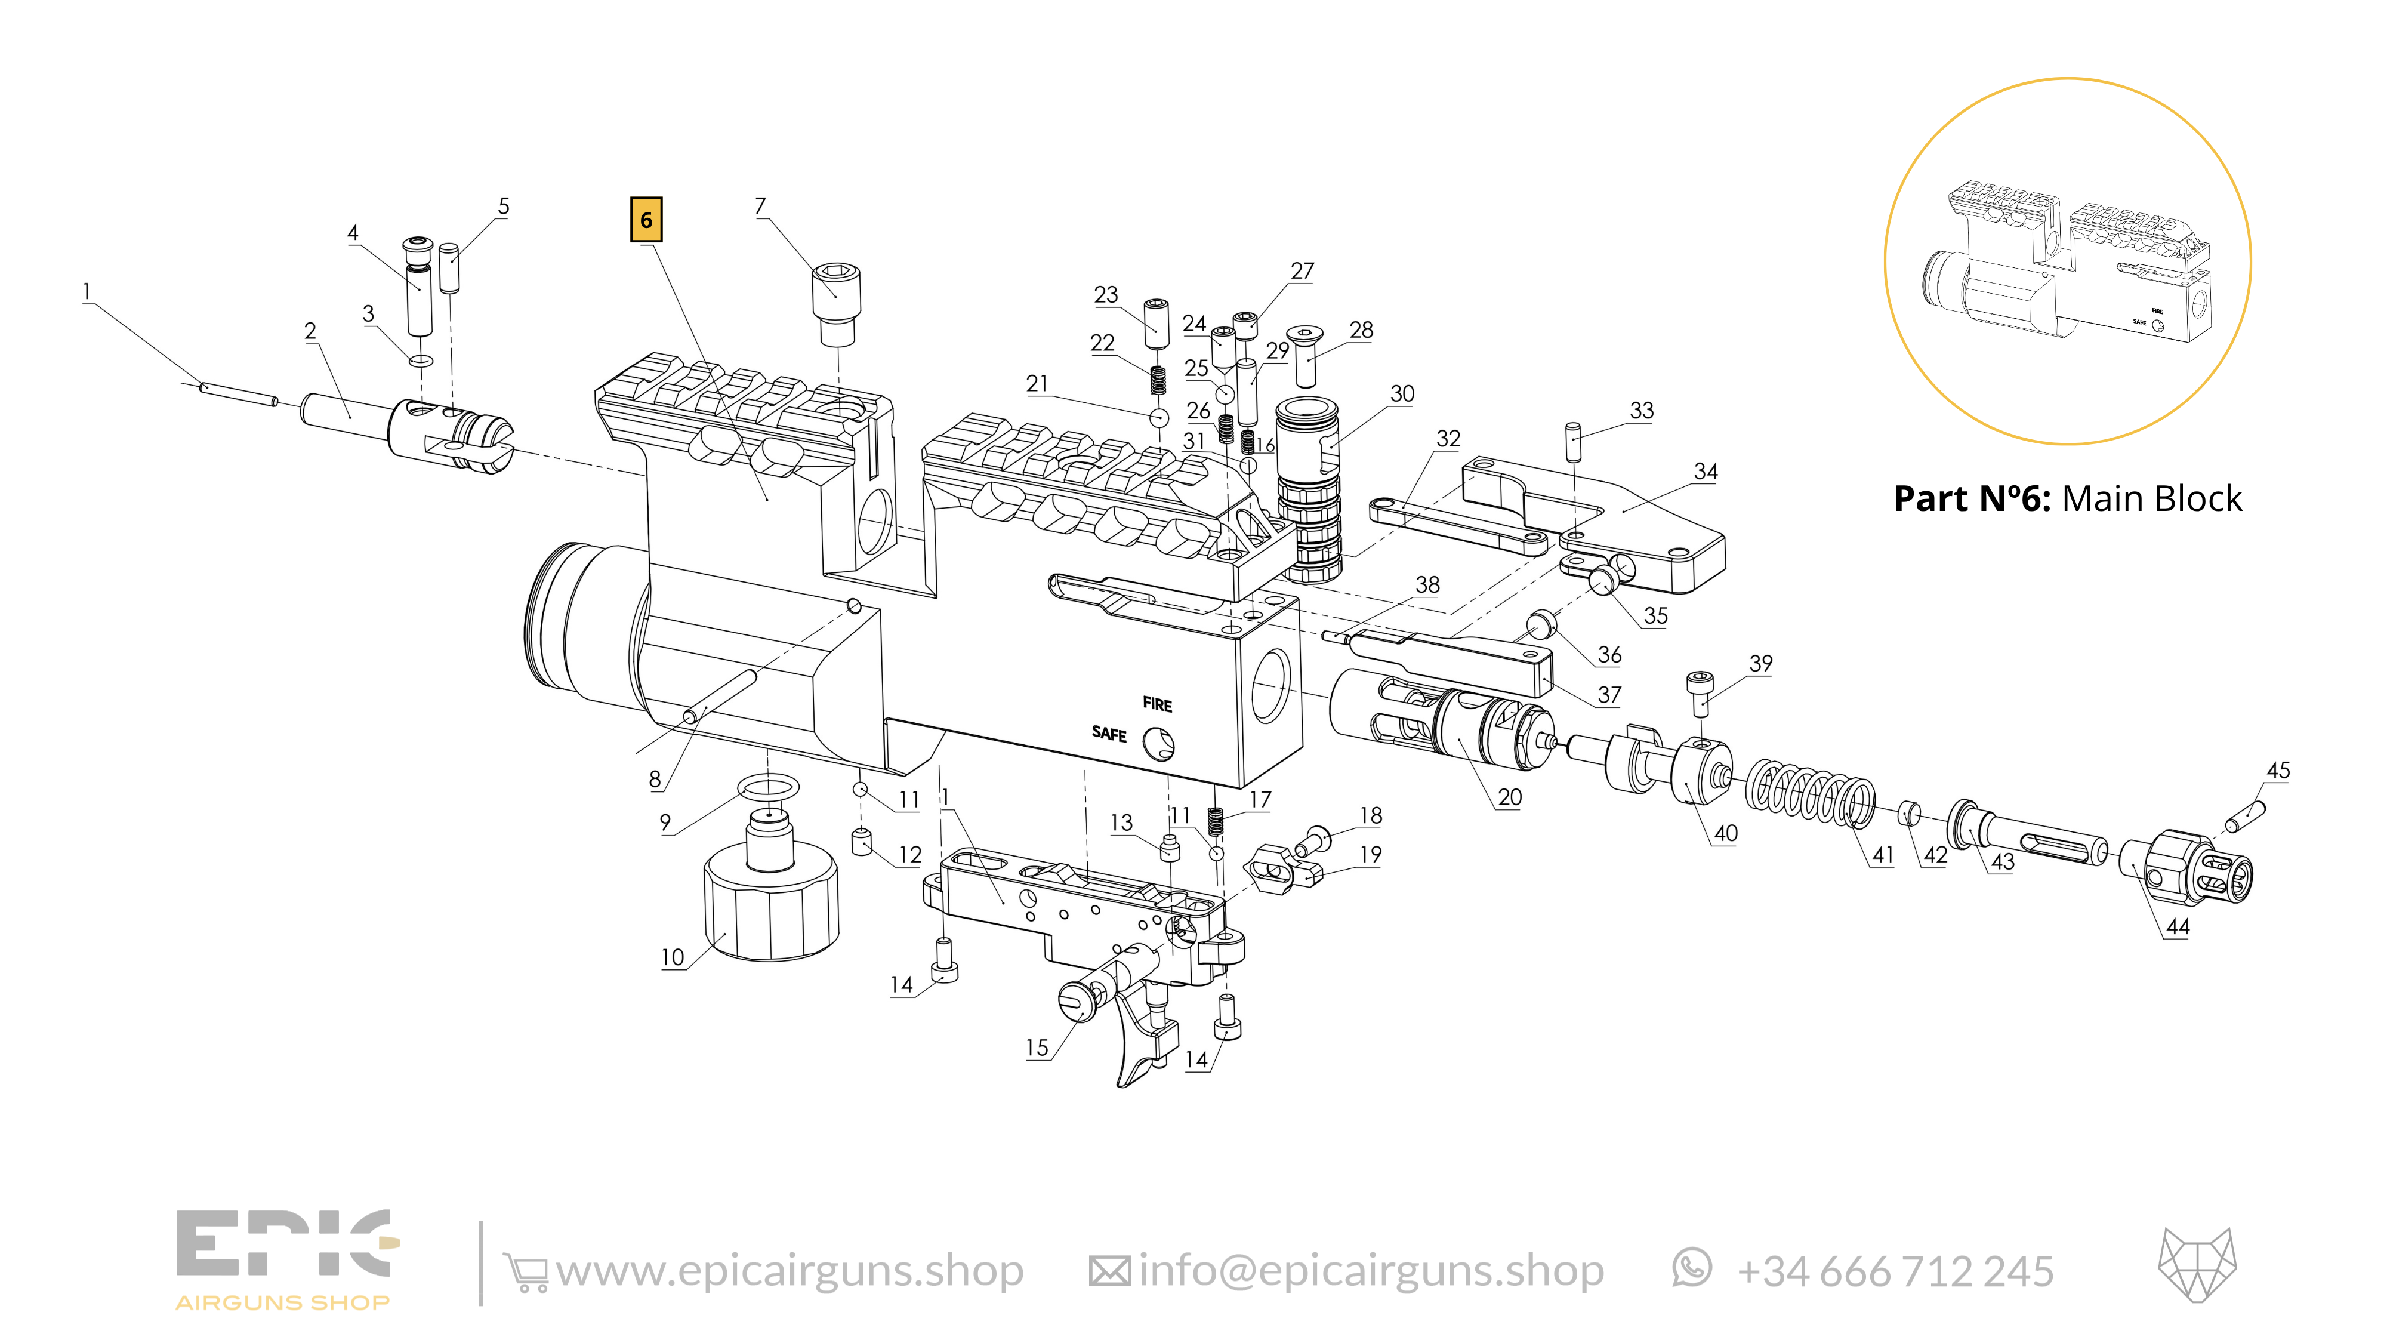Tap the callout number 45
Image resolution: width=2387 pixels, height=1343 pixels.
click(x=2278, y=770)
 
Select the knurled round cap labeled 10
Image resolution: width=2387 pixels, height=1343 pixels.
click(x=771, y=908)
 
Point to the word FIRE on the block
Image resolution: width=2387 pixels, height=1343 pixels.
click(x=1157, y=704)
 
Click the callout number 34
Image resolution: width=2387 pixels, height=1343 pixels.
click(x=1705, y=471)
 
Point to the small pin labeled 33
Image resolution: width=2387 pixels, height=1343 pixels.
click(x=1572, y=441)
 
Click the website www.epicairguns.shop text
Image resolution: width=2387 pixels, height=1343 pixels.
click(x=790, y=1271)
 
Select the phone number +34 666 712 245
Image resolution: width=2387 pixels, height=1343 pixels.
click(x=1894, y=1271)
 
